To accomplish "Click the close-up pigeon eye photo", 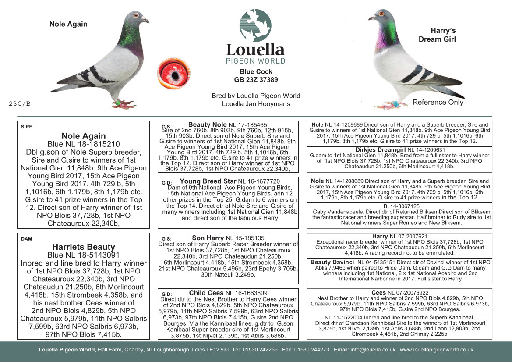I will pos(174,73).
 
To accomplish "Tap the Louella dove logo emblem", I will pos(255,25).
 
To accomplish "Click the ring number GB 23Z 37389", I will pos(256,80).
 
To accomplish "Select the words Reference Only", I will pos(438,103).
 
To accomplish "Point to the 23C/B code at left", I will pos(20,104).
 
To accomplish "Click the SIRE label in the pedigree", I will pos(27,127).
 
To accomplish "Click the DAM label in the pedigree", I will pos(26,239).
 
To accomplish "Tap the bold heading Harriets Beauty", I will pos(83,247).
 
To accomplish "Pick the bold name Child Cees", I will pos(206,293).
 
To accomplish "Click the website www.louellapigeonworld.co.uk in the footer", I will pos(436,350).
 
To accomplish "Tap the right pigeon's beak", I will pos(371,19).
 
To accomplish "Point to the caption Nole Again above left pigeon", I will pos(68,24).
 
